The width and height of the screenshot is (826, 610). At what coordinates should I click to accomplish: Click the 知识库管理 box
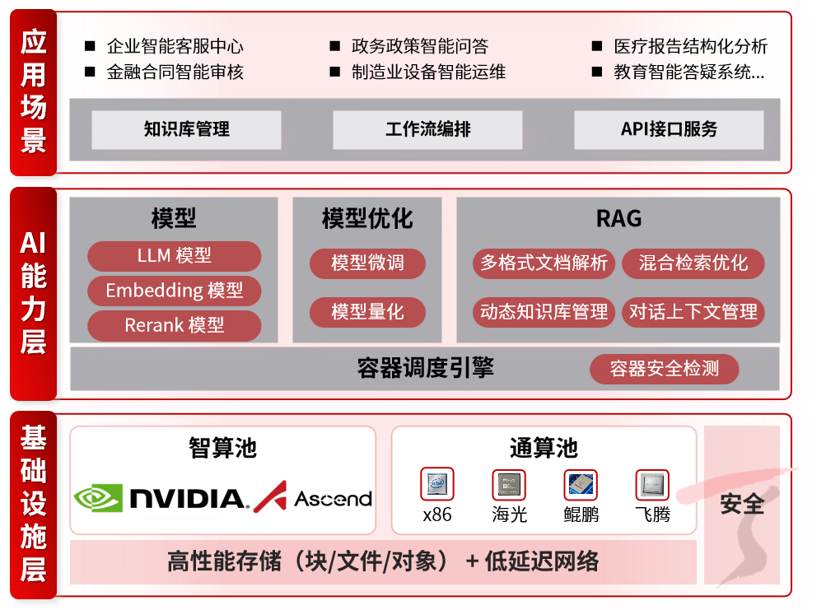pyautogui.click(x=186, y=129)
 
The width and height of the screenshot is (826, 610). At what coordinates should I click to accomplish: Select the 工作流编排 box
pyautogui.click(x=427, y=129)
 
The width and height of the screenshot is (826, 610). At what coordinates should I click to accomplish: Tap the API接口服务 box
pyautogui.click(x=669, y=129)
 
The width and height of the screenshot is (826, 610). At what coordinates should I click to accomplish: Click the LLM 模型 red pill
pyautogui.click(x=174, y=256)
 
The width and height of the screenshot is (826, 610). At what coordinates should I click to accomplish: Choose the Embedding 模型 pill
pyautogui.click(x=174, y=291)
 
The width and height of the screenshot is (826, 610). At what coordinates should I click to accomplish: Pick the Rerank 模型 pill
pyautogui.click(x=174, y=325)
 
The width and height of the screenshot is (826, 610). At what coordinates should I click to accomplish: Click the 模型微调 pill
pyautogui.click(x=367, y=263)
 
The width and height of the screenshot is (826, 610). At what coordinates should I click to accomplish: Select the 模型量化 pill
pyautogui.click(x=367, y=312)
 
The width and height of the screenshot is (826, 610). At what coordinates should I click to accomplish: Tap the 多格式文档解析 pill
pyautogui.click(x=544, y=263)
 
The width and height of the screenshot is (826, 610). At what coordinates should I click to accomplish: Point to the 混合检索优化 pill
pyautogui.click(x=693, y=263)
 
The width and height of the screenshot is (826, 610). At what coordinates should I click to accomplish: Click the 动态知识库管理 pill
pyautogui.click(x=544, y=312)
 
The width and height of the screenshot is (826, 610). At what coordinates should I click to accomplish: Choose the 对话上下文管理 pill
pyautogui.click(x=693, y=312)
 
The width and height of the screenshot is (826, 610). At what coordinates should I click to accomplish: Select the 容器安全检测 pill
pyautogui.click(x=664, y=369)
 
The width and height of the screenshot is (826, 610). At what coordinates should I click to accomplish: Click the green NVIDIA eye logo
pyautogui.click(x=98, y=498)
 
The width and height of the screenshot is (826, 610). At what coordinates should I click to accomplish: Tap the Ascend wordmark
pyautogui.click(x=333, y=499)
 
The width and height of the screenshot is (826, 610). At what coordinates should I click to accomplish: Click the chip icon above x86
pyautogui.click(x=436, y=484)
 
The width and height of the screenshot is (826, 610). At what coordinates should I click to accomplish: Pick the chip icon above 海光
pyautogui.click(x=508, y=484)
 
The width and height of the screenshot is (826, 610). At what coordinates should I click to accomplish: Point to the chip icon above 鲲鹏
pyautogui.click(x=581, y=484)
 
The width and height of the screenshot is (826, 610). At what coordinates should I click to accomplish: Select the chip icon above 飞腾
pyautogui.click(x=652, y=484)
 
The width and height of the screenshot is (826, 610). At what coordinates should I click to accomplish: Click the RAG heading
pyautogui.click(x=618, y=218)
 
